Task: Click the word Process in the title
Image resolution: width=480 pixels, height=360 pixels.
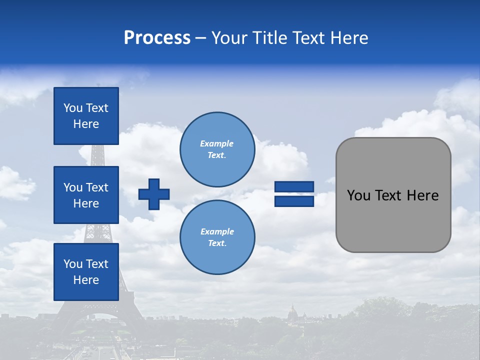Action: tap(157, 38)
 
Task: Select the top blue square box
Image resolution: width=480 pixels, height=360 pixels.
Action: tap(86, 116)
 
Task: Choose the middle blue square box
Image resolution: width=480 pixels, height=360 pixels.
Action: tap(86, 195)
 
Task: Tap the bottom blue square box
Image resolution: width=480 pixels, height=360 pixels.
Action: tap(86, 272)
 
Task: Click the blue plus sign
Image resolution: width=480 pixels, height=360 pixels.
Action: tap(154, 194)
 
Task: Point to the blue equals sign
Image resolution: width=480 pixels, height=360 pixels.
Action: tap(294, 194)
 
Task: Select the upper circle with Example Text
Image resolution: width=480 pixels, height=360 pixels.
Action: tap(217, 149)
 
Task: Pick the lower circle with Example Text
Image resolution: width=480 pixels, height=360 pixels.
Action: tap(217, 237)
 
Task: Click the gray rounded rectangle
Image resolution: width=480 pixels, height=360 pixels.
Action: tap(393, 195)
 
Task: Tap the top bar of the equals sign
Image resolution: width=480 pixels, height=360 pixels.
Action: tap(294, 187)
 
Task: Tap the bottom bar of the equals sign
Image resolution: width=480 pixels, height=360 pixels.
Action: tap(294, 201)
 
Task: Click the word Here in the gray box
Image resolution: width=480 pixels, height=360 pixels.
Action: tap(422, 195)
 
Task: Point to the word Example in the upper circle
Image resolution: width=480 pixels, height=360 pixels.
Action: tap(217, 143)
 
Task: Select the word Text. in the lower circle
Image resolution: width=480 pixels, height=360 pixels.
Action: tap(217, 243)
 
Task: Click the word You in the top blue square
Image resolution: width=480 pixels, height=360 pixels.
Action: tap(72, 108)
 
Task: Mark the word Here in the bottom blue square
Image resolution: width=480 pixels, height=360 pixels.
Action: tap(86, 280)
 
